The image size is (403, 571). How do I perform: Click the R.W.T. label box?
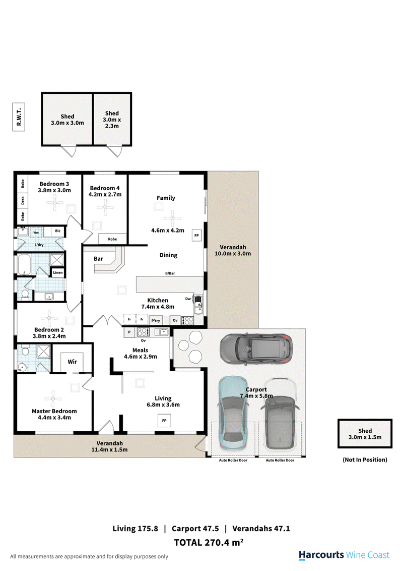pyautogui.click(x=19, y=117)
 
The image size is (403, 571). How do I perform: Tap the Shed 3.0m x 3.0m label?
pyautogui.click(x=67, y=120)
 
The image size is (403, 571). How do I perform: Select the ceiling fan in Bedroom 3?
pyautogui.click(x=54, y=204)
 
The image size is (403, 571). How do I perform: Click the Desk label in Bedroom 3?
pyautogui.click(x=23, y=200)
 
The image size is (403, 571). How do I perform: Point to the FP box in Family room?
pyautogui.click(x=196, y=236)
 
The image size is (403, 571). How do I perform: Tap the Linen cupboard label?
pyautogui.click(x=58, y=273)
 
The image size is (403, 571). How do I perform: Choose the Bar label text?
pyautogui.click(x=98, y=259)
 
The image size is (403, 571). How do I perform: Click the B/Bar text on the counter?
pyautogui.click(x=170, y=273)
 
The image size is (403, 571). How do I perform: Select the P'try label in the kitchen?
pyautogui.click(x=156, y=320)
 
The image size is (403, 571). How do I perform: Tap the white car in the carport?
pyautogui.click(x=280, y=415)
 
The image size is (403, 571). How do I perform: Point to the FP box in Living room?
pyautogui.click(x=163, y=420)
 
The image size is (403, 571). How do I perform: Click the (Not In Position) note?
pyautogui.click(x=365, y=460)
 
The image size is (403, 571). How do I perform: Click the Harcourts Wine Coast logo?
pyautogui.click(x=344, y=555)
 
